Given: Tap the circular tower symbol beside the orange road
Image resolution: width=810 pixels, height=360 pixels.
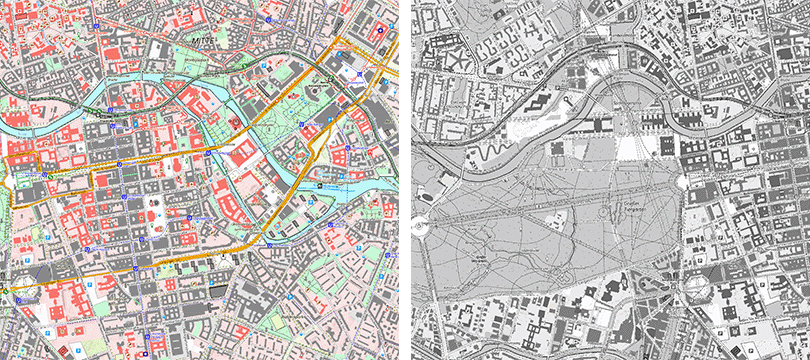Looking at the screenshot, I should [x=313, y=93].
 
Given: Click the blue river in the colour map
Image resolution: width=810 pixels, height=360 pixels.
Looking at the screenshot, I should [x=60, y=120].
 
